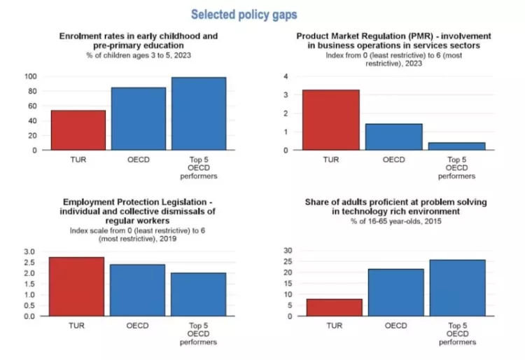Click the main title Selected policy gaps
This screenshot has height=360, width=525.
click(244, 14)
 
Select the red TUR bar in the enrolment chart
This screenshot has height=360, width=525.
click(78, 130)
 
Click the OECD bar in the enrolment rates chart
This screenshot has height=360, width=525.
click(139, 118)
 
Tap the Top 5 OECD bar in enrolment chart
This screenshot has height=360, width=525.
click(199, 113)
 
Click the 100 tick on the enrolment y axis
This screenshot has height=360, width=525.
click(30, 76)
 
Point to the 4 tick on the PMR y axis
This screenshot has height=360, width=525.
click(285, 76)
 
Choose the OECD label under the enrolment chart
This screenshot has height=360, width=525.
click(139, 160)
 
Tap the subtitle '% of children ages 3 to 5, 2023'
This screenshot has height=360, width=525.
click(139, 54)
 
